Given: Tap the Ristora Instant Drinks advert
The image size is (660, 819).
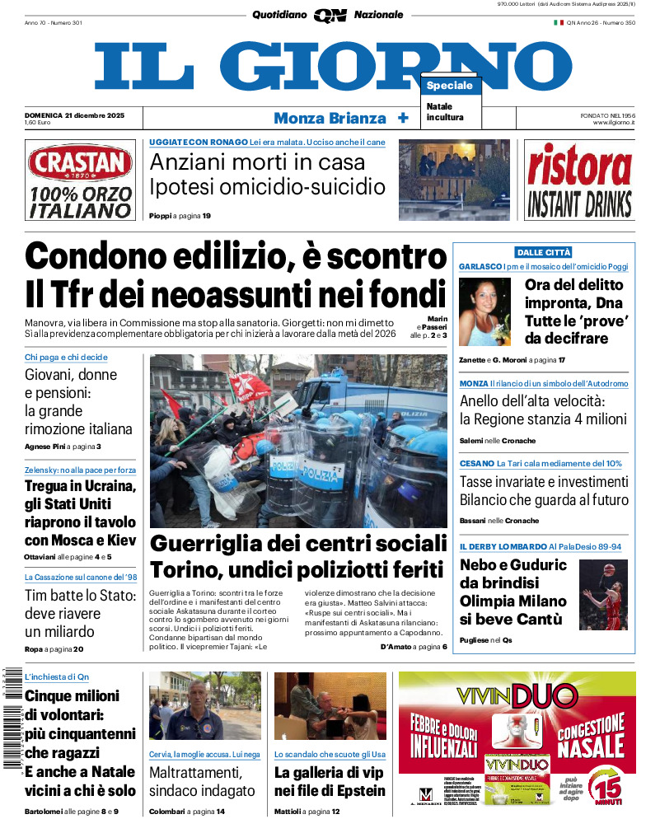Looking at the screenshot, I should (x=579, y=180).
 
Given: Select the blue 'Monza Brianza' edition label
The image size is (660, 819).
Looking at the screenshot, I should (x=330, y=118).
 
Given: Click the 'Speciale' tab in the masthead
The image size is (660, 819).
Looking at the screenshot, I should (x=450, y=86).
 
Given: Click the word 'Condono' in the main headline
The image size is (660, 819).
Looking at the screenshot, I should (x=91, y=257).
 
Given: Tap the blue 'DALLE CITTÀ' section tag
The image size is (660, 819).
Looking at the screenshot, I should (x=544, y=252).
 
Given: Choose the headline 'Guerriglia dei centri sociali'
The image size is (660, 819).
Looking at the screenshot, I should (x=298, y=544).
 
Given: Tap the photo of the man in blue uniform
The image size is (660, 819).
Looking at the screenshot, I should (x=204, y=706).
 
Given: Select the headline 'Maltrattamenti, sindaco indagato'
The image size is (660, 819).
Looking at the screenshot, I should (x=202, y=782).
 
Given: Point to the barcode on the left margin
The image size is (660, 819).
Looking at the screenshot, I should (x=11, y=717).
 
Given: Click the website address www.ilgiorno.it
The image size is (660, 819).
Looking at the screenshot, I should (x=612, y=123).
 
